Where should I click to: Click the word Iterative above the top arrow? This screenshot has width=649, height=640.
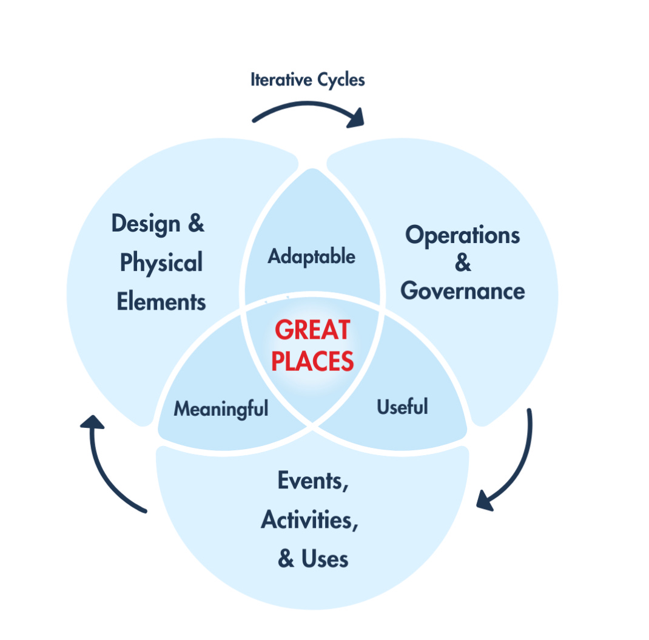tap(280, 79)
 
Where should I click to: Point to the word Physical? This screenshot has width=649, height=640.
tap(161, 263)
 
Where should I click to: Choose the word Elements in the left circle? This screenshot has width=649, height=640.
tap(161, 301)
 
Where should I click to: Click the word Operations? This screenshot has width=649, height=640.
tap(463, 236)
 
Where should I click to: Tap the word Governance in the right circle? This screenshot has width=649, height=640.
tap(463, 291)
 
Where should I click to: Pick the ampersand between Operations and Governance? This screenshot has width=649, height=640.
tap(463, 264)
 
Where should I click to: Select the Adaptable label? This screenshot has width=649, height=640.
tap(312, 256)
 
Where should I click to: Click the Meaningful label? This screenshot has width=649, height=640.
tap(221, 409)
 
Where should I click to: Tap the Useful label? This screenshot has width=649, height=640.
tap(402, 406)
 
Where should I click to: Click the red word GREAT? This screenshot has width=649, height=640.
tap(312, 330)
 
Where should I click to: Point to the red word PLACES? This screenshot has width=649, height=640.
tap(312, 362)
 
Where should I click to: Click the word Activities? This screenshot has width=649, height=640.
tap(309, 520)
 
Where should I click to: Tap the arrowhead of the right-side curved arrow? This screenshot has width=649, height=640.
tap(486, 501)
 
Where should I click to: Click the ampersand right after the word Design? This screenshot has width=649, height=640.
tap(195, 224)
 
